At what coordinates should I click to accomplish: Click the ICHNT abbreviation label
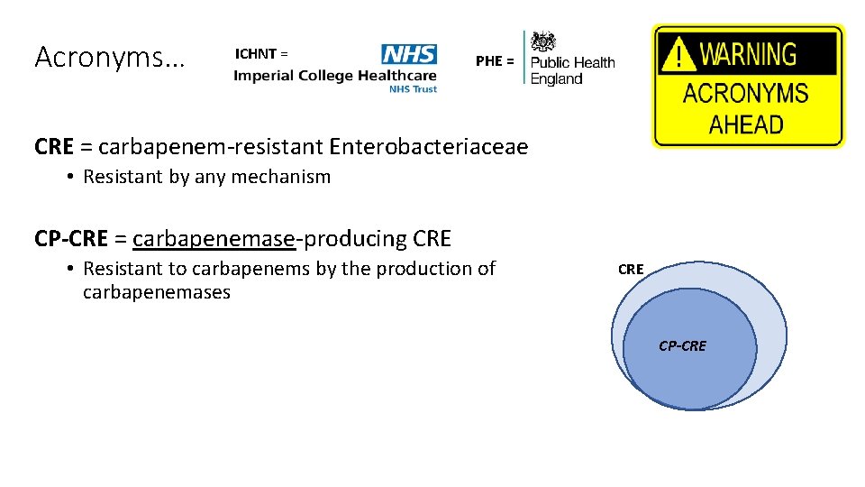pyautogui.click(x=261, y=53)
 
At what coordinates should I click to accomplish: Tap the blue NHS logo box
pyautogui.click(x=409, y=54)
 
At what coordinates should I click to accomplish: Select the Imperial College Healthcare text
pyautogui.click(x=334, y=76)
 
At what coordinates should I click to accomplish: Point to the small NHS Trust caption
pyautogui.click(x=412, y=89)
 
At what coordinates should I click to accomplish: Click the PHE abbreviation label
pyautogui.click(x=495, y=61)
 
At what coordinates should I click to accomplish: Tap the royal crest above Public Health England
pyautogui.click(x=543, y=41)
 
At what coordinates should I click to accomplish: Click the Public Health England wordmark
pyautogui.click(x=572, y=70)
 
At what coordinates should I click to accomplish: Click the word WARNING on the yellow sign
pyautogui.click(x=748, y=55)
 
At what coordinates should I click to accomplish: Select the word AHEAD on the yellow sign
pyautogui.click(x=746, y=124)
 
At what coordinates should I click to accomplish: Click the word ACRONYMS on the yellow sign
pyautogui.click(x=746, y=94)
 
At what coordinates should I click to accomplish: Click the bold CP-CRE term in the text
pyautogui.click(x=71, y=239)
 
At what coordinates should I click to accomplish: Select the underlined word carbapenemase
pyautogui.click(x=214, y=239)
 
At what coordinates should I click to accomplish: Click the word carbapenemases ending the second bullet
pyautogui.click(x=157, y=292)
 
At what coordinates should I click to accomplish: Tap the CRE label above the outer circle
pyautogui.click(x=631, y=269)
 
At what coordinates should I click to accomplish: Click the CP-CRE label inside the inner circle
pyautogui.click(x=682, y=345)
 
